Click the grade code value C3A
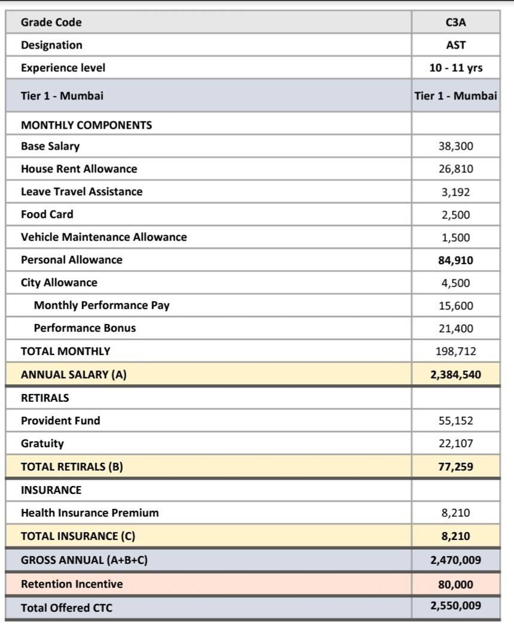pyautogui.click(x=455, y=22)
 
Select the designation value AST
pyautogui.click(x=455, y=45)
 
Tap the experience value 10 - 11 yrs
pyautogui.click(x=455, y=68)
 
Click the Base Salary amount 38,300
pyautogui.click(x=455, y=146)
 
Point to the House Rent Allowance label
pyautogui.click(x=79, y=169)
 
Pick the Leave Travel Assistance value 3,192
pyautogui.click(x=455, y=192)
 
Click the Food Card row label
pyautogui.click(x=47, y=214)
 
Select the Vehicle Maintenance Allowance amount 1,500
pyautogui.click(x=455, y=238)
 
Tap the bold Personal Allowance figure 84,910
pyautogui.click(x=455, y=260)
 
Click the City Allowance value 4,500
pyautogui.click(x=455, y=283)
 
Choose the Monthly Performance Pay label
pyautogui.click(x=101, y=305)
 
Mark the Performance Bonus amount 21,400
pyautogui.click(x=455, y=328)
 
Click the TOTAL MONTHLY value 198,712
pyautogui.click(x=455, y=351)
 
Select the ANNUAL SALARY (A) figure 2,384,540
pyautogui.click(x=455, y=374)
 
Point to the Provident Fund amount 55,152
pyautogui.click(x=455, y=421)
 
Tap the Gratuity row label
pyautogui.click(x=42, y=443)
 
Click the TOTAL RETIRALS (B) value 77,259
pyautogui.click(x=455, y=467)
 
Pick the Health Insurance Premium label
pyautogui.click(x=90, y=513)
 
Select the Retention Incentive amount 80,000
pyautogui.click(x=455, y=584)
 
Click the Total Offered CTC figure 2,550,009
pyautogui.click(x=455, y=606)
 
